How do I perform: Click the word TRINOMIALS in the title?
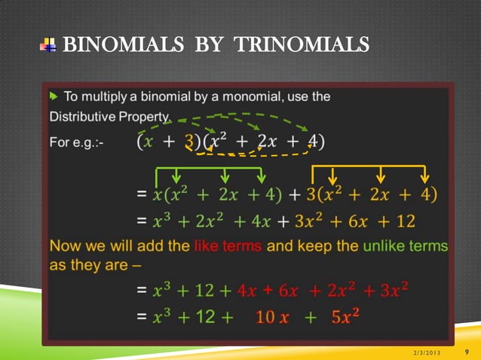point(302,46)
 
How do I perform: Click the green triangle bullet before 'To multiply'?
point(54,96)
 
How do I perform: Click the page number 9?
point(467,350)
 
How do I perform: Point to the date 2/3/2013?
point(428,352)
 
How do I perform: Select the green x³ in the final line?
point(161,317)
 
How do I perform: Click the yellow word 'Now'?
point(63,246)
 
